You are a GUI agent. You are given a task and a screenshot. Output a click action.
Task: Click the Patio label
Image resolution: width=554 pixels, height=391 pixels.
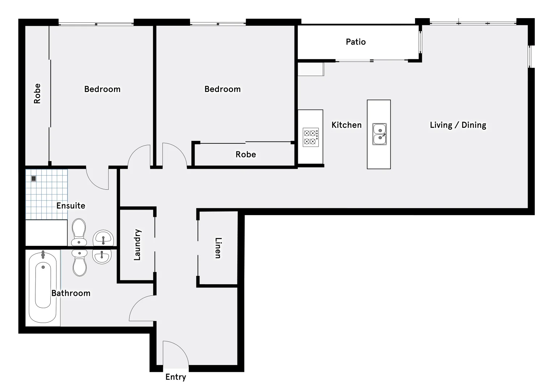click(356, 42)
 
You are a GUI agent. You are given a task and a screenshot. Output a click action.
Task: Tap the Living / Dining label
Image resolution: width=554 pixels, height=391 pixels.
click(458, 125)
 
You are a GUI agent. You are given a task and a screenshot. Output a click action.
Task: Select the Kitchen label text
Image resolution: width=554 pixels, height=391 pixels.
click(346, 125)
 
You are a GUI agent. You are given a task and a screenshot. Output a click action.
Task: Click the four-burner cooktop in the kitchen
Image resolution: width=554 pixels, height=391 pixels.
click(310, 137)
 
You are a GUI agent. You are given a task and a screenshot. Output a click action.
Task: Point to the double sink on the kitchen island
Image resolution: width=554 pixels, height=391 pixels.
click(379, 134)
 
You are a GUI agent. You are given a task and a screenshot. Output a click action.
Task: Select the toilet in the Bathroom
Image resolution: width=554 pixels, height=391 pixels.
click(79, 263)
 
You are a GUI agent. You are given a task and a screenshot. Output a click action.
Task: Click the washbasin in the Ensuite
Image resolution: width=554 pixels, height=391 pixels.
click(103, 238)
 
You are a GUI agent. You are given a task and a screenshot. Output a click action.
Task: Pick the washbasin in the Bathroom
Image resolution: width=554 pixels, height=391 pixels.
click(102, 257)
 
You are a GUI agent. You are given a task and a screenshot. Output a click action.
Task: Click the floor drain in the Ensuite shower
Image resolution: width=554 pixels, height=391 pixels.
click(34, 178)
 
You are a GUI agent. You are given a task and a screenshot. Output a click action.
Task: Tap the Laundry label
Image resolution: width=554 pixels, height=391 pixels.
click(137, 245)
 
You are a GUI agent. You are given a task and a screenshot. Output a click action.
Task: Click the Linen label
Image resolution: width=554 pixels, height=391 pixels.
click(218, 248)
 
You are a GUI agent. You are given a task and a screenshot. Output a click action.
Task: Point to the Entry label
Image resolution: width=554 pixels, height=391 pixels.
click(175, 377)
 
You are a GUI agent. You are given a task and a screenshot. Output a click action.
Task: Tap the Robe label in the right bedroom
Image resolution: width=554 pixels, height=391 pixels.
click(246, 155)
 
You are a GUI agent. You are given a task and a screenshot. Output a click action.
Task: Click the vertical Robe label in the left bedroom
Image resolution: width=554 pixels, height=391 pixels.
click(37, 94)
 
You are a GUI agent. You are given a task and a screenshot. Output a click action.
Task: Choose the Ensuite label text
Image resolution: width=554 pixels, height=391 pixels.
click(71, 206)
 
